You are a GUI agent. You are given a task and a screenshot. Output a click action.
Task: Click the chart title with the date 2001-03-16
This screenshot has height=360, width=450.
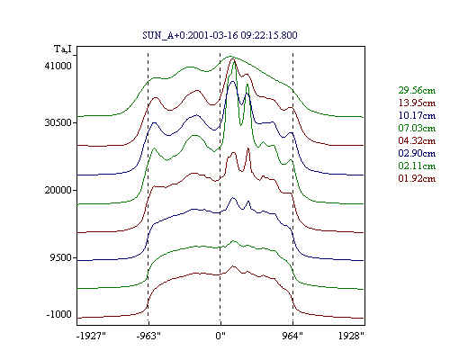point(220,35)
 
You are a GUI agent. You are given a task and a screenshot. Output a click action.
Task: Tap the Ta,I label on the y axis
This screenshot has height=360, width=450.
point(63,49)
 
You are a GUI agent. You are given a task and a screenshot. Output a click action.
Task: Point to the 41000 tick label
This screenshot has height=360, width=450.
point(58,66)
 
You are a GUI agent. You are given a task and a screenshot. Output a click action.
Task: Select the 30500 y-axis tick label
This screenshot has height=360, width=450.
point(58,122)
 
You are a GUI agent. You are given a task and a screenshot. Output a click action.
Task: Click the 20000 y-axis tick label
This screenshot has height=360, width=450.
point(58,190)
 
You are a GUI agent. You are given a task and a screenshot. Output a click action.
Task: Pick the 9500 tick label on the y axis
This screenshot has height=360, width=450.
point(61,257)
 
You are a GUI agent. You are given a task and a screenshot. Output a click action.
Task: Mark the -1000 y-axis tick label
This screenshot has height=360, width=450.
point(59,314)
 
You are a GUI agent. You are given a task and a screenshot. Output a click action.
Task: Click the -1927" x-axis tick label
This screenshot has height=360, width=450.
point(91,336)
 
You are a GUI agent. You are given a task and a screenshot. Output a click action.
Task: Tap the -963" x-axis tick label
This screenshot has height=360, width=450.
point(148,336)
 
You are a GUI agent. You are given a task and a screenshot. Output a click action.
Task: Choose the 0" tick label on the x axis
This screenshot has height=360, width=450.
point(220,336)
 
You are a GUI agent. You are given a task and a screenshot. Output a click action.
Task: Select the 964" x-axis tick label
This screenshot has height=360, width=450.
point(292,336)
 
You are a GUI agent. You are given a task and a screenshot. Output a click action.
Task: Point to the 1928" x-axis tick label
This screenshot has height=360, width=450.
point(351,336)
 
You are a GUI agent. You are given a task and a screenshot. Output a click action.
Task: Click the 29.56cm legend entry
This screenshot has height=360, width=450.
point(417,90)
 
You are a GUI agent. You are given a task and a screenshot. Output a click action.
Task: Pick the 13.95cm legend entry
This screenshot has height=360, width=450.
point(417,103)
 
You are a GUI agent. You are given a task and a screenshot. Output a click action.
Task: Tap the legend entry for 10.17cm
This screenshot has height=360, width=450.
point(417,115)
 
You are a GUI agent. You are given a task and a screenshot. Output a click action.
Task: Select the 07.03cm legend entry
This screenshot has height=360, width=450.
point(417,128)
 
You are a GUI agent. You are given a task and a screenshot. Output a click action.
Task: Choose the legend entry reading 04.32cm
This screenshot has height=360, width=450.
point(417,140)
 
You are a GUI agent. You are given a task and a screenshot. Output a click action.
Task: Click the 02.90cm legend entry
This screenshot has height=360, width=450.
point(417,153)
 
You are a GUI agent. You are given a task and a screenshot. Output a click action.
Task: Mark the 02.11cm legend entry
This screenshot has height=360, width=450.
point(417,166)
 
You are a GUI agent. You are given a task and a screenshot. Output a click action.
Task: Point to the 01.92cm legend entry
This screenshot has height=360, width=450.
point(417,178)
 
